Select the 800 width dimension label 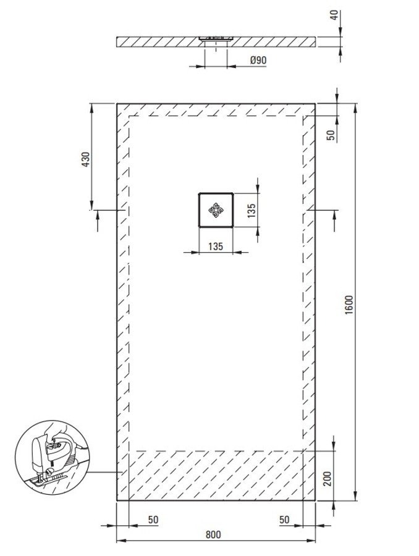tap(213, 535)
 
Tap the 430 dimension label tap(86, 159)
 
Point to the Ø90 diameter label tap(258, 61)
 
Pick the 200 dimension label tap(328, 479)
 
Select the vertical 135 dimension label tap(251, 211)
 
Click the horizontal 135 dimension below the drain tap(216, 246)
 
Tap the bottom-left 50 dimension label tap(153, 520)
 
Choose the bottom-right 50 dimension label tap(284, 520)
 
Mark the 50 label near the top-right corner tap(331, 135)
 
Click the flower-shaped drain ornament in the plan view tap(216, 210)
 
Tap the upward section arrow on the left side tap(98, 221)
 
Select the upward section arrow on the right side tap(335, 221)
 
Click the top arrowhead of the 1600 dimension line tap(355, 108)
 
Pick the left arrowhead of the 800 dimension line tap(122, 541)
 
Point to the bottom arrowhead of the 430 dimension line tap(92, 205)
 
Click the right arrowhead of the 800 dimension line tap(310, 541)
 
